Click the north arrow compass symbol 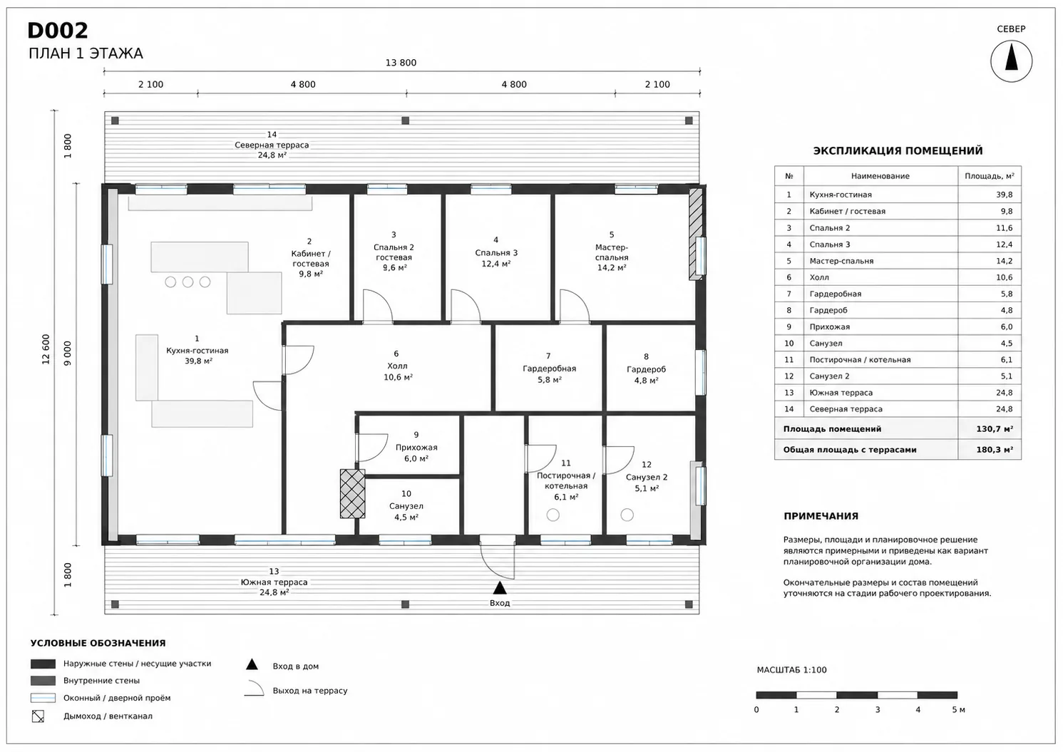click(1011, 61)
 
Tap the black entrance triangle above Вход click(500, 588)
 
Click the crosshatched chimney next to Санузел click(353, 493)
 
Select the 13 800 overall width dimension click(401, 63)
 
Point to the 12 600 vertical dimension click(46, 349)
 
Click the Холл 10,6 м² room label click(397, 366)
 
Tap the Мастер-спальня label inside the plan click(612, 252)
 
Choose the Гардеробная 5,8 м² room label click(549, 369)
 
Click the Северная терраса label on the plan click(272, 145)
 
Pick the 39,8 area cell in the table click(1004, 195)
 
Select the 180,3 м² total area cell click(995, 449)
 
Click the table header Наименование click(880, 176)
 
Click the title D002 click(58, 31)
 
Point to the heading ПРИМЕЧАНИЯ click(821, 516)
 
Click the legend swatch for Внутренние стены click(43, 681)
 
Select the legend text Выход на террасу click(310, 691)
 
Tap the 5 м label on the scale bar click(959, 710)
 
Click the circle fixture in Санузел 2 click(627, 515)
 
